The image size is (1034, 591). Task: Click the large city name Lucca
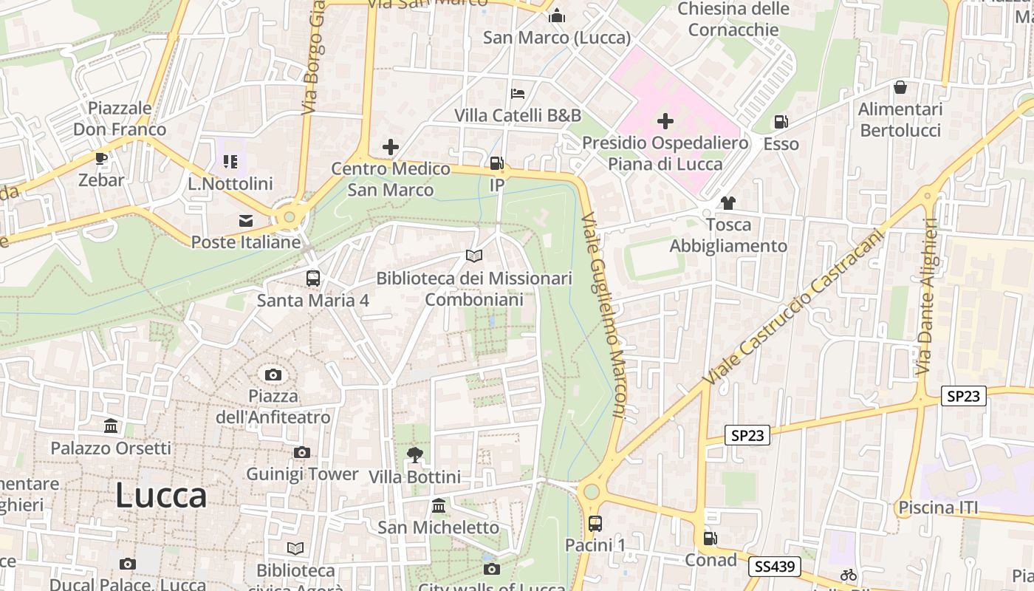[x=161, y=496]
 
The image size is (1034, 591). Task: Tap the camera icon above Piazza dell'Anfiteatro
[x=273, y=375]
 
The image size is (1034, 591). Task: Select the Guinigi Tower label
[x=302, y=474]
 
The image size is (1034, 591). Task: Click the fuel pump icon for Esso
[x=781, y=122]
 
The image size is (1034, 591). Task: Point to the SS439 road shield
[x=775, y=567]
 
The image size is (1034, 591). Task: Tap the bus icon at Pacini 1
[x=595, y=524]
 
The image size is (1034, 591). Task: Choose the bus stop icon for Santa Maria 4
[x=313, y=279]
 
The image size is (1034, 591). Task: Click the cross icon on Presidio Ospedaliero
[x=665, y=120]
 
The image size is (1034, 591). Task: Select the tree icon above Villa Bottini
[x=414, y=455]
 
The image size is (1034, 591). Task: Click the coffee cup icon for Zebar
[x=101, y=159]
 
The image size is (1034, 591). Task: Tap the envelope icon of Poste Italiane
[x=245, y=220]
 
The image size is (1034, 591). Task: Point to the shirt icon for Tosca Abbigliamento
[x=728, y=203]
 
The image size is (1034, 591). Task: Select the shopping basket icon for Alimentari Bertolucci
[x=900, y=87]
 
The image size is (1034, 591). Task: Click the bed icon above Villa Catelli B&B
[x=518, y=94]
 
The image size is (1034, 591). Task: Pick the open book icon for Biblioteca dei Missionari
[x=474, y=256]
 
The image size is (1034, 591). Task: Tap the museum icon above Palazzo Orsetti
[x=111, y=426]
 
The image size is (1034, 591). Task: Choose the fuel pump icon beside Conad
[x=710, y=539]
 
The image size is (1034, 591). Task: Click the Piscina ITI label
[x=937, y=508]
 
